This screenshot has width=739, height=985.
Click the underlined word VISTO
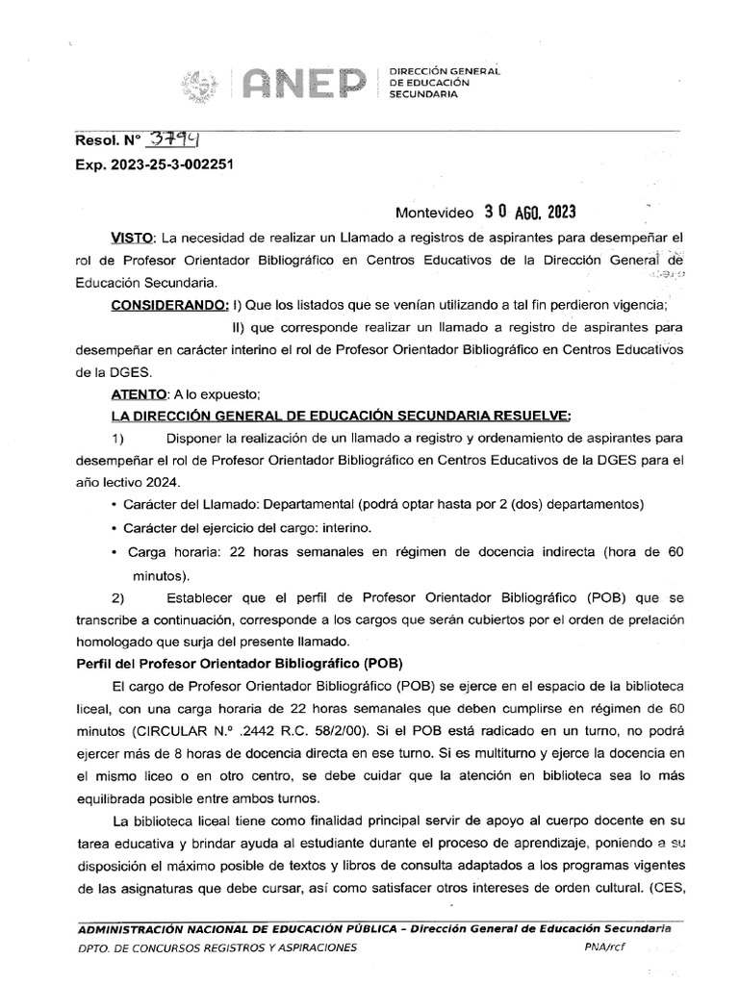click(133, 237)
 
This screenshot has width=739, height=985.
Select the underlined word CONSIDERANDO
click(170, 306)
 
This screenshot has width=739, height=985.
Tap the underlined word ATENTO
click(140, 393)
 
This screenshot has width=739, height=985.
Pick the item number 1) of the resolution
click(119, 439)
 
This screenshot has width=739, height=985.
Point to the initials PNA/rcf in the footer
click(603, 947)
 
